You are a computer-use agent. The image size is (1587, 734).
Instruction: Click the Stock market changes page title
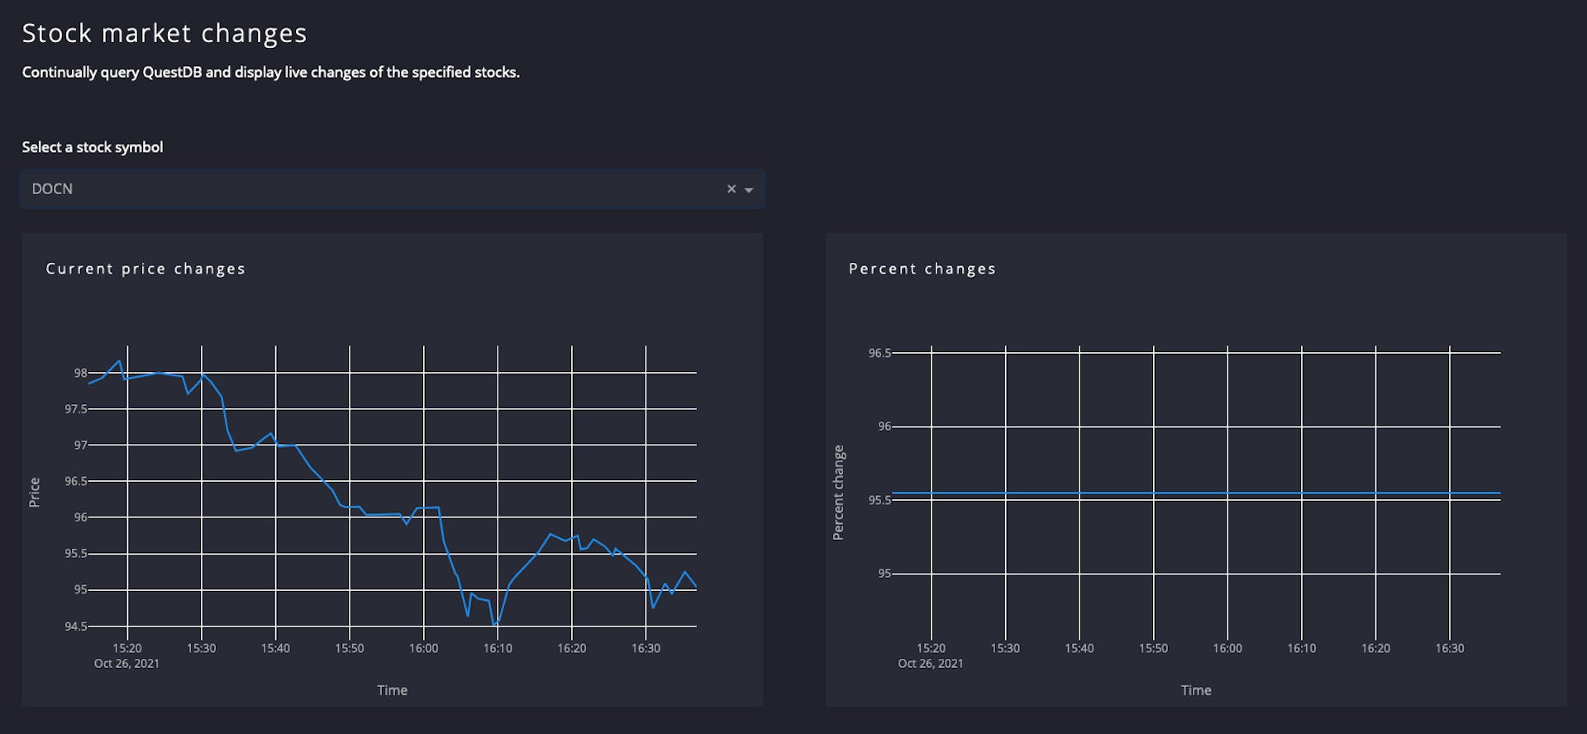tap(164, 33)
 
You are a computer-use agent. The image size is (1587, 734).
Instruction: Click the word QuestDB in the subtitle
tap(173, 73)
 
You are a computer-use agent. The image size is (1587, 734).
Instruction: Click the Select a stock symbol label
tap(92, 147)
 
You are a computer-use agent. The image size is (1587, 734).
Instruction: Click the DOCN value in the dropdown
tap(52, 189)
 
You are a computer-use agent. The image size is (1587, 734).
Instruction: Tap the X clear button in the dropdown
tap(731, 189)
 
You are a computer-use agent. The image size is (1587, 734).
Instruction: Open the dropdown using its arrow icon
tap(749, 190)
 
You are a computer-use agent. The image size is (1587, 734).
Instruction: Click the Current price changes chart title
tap(145, 269)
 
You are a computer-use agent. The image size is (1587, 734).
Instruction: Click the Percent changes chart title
tap(922, 269)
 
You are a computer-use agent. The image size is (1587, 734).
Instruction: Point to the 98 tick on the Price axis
tap(80, 373)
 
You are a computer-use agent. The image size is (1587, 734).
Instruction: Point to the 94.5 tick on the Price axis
tap(75, 626)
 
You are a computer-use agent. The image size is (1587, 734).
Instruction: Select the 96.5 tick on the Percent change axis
tap(879, 353)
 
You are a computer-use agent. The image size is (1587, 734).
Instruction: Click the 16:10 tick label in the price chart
tap(498, 648)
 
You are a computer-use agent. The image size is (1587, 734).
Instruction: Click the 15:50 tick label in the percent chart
tap(1153, 648)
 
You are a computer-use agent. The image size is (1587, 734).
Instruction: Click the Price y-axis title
tap(35, 492)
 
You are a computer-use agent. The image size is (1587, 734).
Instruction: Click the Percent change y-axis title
tap(838, 493)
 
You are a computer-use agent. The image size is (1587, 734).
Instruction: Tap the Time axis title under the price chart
tap(392, 690)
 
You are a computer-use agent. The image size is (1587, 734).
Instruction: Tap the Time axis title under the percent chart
tap(1195, 690)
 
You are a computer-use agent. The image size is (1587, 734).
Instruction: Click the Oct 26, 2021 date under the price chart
tap(126, 664)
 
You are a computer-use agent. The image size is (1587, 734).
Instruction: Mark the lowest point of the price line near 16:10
tap(494, 625)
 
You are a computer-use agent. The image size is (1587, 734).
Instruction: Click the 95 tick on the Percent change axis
tap(884, 574)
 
